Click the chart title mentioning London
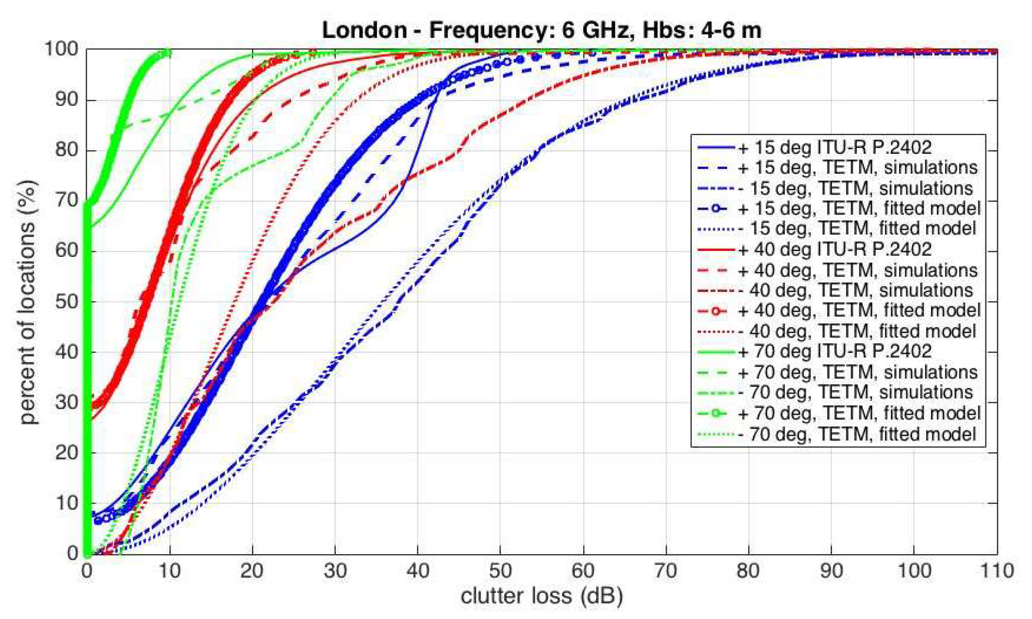541,30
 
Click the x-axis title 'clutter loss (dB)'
541,596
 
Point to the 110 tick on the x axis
997,571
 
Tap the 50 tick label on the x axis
500,571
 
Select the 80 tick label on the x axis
748,571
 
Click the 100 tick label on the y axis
61,49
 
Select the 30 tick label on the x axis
335,571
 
